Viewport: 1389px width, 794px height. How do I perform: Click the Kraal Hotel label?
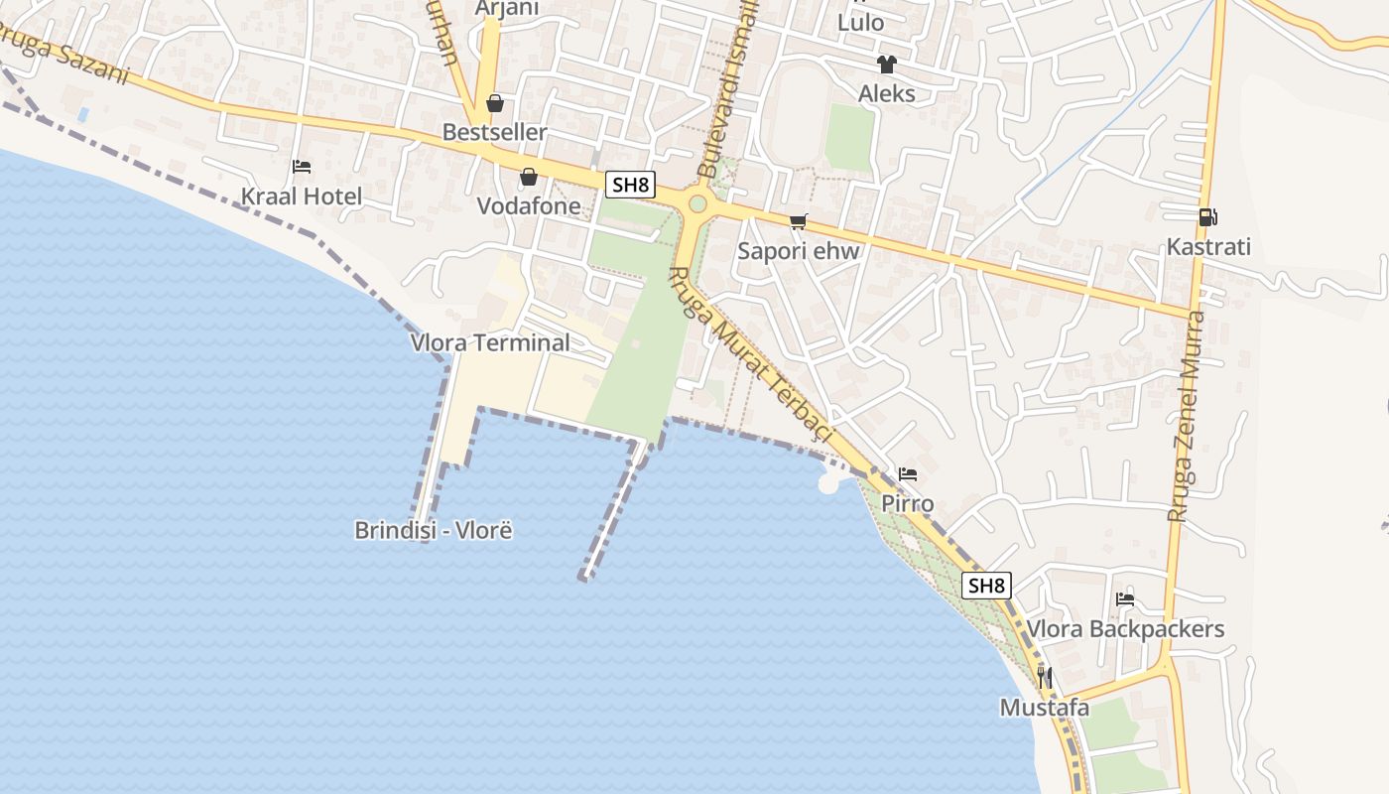(302, 197)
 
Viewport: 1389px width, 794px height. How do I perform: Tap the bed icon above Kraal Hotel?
(302, 166)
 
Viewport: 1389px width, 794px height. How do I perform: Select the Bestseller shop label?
(494, 132)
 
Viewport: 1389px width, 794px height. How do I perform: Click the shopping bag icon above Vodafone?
(529, 177)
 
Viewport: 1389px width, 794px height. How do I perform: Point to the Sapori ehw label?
(798, 251)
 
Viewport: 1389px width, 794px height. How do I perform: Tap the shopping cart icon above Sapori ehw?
(798, 221)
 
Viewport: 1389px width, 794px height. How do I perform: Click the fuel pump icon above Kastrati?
(1207, 216)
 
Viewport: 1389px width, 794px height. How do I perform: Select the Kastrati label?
(1207, 247)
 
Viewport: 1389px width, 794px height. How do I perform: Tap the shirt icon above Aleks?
(886, 65)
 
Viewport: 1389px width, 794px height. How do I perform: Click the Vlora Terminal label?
(490, 343)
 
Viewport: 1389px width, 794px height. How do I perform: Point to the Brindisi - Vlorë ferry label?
(434, 530)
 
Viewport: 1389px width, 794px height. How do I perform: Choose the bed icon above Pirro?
(908, 473)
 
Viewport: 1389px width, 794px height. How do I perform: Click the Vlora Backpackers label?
(1125, 629)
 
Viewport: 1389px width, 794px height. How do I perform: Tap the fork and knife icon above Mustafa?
(1044, 678)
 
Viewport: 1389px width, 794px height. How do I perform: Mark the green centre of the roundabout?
(697, 204)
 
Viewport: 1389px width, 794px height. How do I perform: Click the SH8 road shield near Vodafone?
(631, 185)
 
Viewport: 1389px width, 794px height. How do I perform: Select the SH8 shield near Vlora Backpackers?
(986, 586)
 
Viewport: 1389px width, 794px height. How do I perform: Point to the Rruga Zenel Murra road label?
(1187, 417)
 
